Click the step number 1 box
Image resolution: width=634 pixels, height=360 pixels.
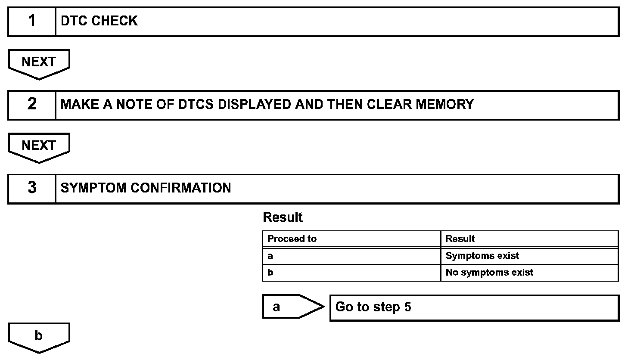tap(32, 21)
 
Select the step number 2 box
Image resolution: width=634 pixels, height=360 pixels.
tap(32, 105)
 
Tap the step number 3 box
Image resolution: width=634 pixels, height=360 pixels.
tap(32, 188)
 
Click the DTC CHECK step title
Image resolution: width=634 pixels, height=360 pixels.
tap(99, 21)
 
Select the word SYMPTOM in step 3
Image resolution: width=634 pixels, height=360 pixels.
tap(93, 188)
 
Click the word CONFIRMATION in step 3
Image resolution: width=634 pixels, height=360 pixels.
tap(180, 188)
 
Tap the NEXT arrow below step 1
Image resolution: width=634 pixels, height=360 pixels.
tap(39, 63)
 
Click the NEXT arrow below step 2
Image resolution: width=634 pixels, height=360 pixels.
tap(39, 147)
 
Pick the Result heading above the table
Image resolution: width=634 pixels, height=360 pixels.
tap(283, 217)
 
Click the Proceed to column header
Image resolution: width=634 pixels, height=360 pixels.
tap(292, 239)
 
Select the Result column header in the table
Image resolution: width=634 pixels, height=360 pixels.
tap(460, 239)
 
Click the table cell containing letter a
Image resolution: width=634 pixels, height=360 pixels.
tap(351, 256)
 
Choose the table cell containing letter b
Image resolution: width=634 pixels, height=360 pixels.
tap(351, 273)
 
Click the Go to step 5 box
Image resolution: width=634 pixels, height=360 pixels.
tap(474, 307)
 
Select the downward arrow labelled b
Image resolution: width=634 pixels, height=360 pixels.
tap(39, 337)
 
